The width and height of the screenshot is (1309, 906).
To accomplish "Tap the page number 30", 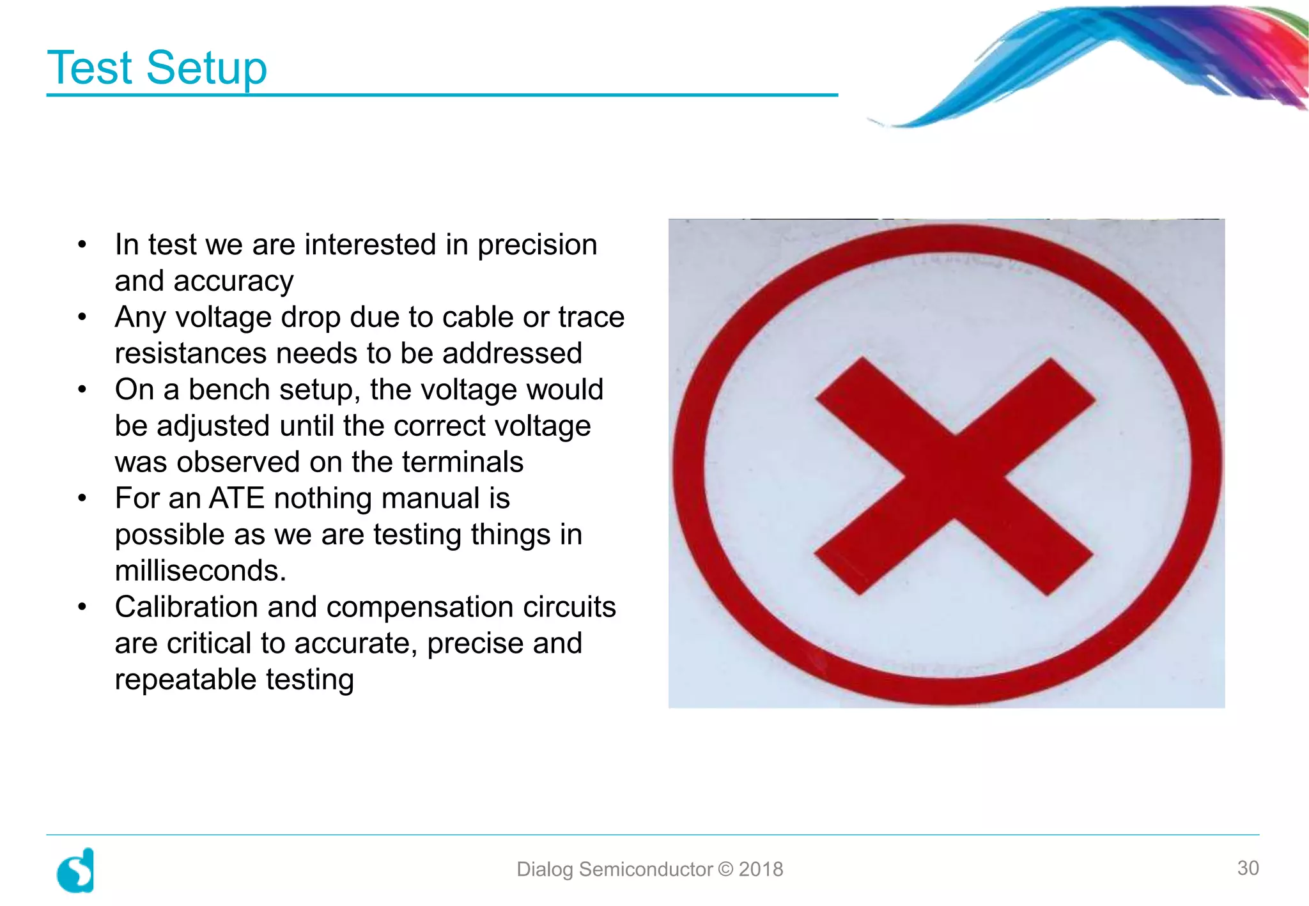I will (1248, 868).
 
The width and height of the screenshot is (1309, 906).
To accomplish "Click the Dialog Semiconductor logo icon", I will (76, 870).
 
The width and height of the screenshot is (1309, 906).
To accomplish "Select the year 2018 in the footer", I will (761, 869).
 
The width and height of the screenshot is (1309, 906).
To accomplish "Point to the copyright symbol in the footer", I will (725, 869).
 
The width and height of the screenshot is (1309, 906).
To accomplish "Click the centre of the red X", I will (954, 476).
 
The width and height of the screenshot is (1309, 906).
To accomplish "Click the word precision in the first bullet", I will (537, 245).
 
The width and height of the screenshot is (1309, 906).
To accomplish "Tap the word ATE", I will (236, 498).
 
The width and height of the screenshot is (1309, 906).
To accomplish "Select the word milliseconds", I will (201, 571).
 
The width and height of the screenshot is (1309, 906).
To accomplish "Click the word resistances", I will (190, 353).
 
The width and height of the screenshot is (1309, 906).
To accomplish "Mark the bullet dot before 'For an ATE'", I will (82, 498).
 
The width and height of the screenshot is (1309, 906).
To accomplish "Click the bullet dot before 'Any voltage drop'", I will (82, 317).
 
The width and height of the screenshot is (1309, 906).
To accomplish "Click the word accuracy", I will (233, 281).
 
